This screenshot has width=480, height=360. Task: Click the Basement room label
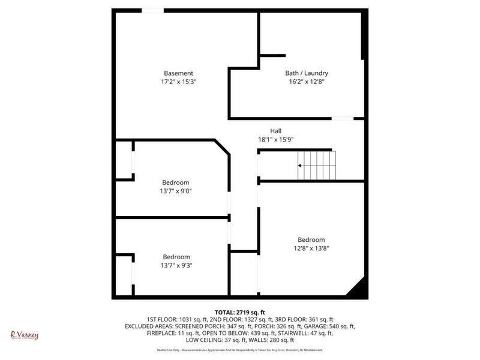[x=178, y=73]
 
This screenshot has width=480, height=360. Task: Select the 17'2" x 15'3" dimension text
[x=178, y=82]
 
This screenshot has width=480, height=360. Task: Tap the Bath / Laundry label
[x=306, y=73]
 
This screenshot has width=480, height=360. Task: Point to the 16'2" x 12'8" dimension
[x=306, y=82]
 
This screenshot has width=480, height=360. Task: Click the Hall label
[x=275, y=131]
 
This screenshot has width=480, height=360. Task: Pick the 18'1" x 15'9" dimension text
[x=275, y=140]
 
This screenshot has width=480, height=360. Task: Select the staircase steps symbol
[x=318, y=165]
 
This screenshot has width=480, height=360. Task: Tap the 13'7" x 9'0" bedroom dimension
[x=176, y=191]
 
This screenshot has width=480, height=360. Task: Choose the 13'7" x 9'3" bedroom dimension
[x=176, y=265]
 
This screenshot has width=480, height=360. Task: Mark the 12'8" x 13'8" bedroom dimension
[x=311, y=248]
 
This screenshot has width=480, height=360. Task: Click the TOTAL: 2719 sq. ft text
[x=241, y=312]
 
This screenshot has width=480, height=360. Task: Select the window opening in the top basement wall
[x=152, y=10]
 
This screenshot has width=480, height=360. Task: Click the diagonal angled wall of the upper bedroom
[x=222, y=148]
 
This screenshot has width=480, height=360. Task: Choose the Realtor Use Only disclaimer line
[x=241, y=349]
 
